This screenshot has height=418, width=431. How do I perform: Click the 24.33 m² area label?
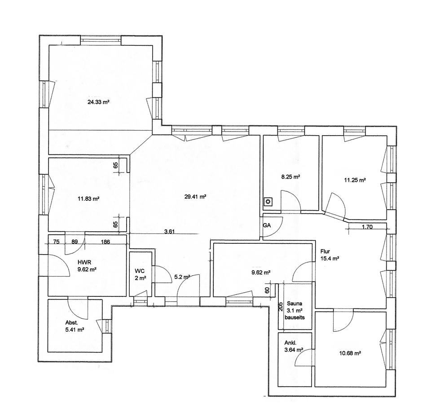pyautogui.click(x=99, y=102)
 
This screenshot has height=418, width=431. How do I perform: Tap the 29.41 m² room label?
pyautogui.click(x=195, y=196)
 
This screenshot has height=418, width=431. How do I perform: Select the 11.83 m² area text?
pyautogui.click(x=88, y=199)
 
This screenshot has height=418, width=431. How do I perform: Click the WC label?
pyautogui.click(x=139, y=271)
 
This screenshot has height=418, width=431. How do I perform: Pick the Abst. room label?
pyautogui.click(x=72, y=322)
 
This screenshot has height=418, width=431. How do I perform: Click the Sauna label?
pyautogui.click(x=295, y=304)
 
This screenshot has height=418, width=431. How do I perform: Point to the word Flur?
pyautogui.click(x=325, y=252)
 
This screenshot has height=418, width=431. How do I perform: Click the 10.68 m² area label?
pyautogui.click(x=351, y=353)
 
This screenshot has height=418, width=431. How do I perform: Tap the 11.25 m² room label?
pyautogui.click(x=355, y=180)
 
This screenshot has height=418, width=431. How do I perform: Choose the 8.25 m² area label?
pyautogui.click(x=290, y=177)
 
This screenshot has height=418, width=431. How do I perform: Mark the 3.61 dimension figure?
pyautogui.click(x=169, y=232)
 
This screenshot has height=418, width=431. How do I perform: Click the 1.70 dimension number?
pyautogui.click(x=367, y=227)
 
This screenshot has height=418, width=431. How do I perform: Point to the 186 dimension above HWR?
pyautogui.click(x=106, y=242)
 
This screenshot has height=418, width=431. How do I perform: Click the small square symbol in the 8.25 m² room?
pyautogui.click(x=268, y=202)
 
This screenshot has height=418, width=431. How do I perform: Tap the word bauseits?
pyautogui.click(x=295, y=317)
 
